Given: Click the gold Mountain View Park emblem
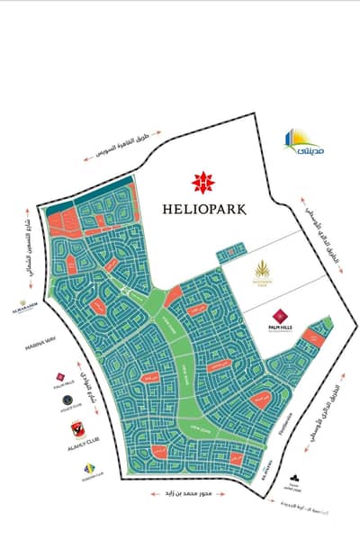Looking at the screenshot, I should pyautogui.click(x=265, y=269).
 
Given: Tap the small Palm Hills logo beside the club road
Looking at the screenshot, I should pyautogui.click(x=60, y=378).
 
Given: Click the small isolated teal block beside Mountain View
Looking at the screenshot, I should pyautogui.click(x=233, y=248).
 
